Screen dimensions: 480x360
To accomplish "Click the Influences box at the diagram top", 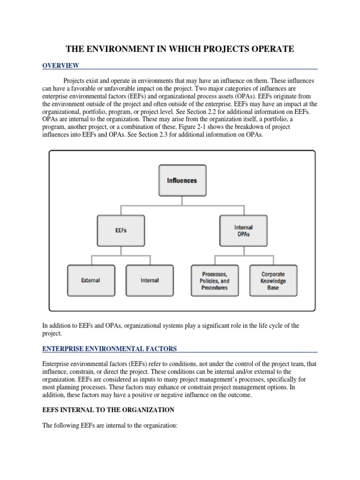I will coord(182,180).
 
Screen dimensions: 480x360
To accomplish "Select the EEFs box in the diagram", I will coord(120,231).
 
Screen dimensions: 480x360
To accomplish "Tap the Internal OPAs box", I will coord(243,231).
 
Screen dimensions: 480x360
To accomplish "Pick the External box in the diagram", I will coord(90,280).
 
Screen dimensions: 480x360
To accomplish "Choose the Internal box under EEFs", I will coord(150,280).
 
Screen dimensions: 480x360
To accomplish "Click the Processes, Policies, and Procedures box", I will coord(215,280).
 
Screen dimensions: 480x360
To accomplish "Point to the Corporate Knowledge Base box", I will coord(273,280).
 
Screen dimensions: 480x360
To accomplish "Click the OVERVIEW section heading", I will coord(61,65).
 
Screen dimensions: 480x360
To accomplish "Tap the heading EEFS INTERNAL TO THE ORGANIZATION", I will coord(108,410).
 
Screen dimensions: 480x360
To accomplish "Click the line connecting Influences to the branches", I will coord(182,200).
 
